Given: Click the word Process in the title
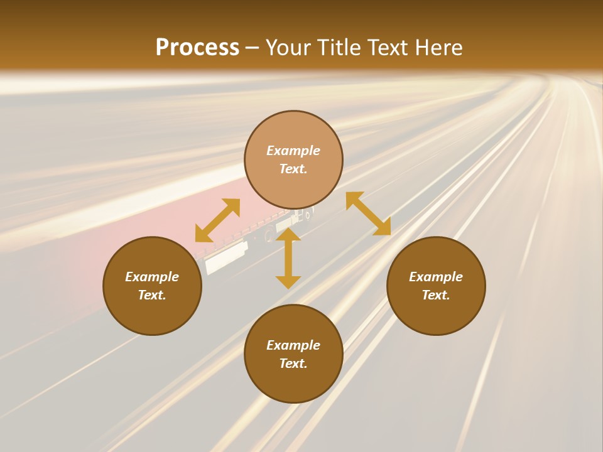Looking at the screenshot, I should [197, 48].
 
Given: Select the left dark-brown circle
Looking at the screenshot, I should [152, 314].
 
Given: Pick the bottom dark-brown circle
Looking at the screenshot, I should [293, 383].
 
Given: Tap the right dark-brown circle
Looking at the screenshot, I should [436, 314].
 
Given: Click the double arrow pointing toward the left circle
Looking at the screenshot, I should [217, 220].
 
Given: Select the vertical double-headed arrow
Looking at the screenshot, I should [288, 258].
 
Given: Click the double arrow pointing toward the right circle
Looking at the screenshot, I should [368, 213].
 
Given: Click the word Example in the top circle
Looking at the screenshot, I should [293, 151].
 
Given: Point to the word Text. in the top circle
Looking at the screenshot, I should [293, 169].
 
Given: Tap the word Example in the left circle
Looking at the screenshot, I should [152, 277].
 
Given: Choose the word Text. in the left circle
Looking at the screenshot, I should [152, 295].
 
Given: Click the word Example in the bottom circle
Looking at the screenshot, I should [293, 345].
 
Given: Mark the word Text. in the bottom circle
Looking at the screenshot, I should [293, 363].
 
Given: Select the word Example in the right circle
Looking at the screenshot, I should [436, 277].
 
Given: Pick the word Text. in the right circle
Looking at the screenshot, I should [436, 295].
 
